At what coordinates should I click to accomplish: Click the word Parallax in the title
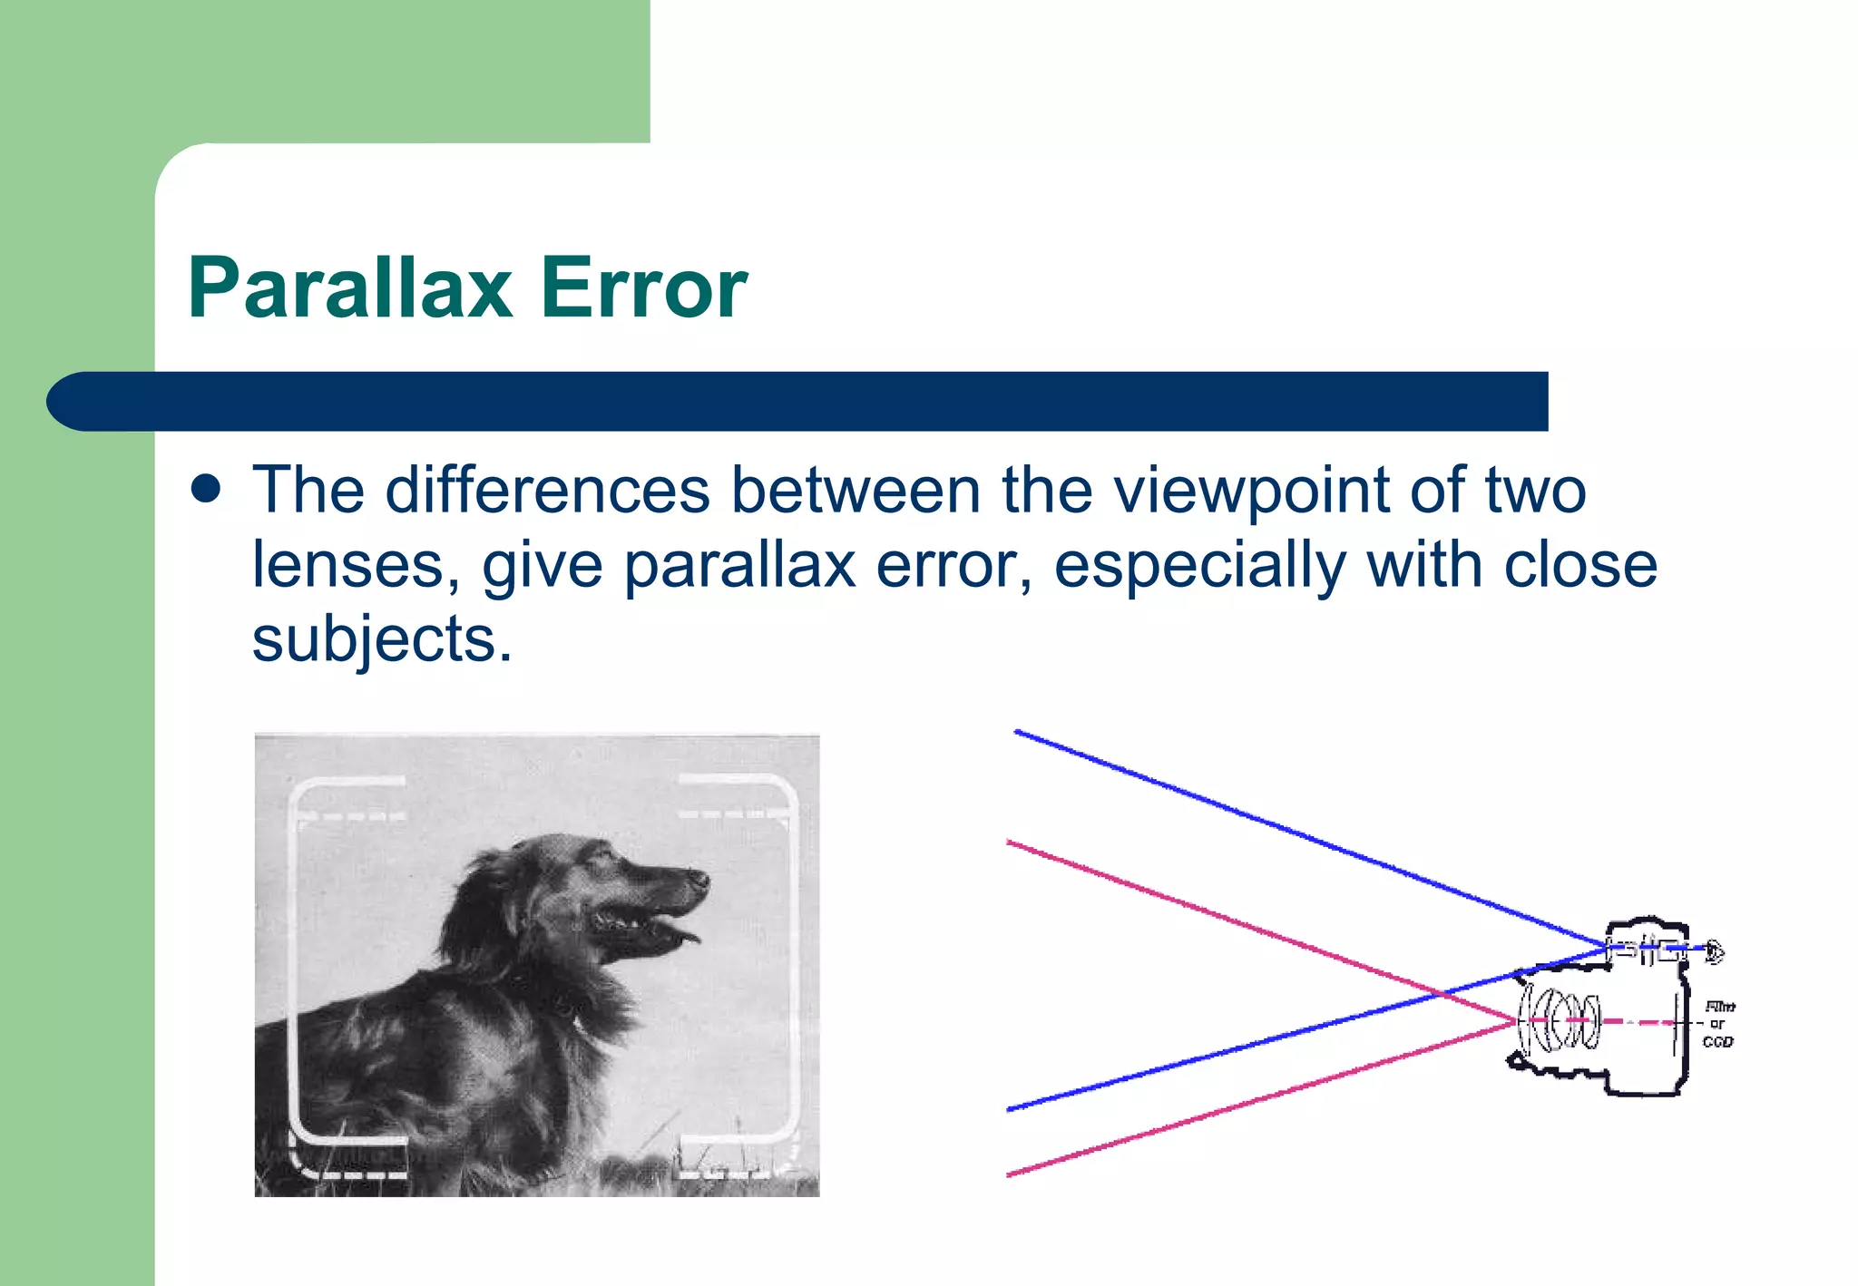pyautogui.click(x=350, y=288)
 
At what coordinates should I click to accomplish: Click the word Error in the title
pyautogui.click(x=643, y=288)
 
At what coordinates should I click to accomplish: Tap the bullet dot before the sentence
pyautogui.click(x=207, y=489)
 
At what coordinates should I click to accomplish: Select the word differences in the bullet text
pyautogui.click(x=547, y=491)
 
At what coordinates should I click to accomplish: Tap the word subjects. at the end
pyautogui.click(x=382, y=639)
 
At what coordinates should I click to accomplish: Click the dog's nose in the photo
pyautogui.click(x=699, y=877)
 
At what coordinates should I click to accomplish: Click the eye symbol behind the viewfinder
pyautogui.click(x=1714, y=951)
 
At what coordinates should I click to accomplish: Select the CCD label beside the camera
pyautogui.click(x=1717, y=1042)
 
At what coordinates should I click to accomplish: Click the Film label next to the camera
pyautogui.click(x=1719, y=1007)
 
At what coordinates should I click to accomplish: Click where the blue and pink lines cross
pyautogui.click(x=1442, y=995)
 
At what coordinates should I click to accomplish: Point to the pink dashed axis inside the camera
pyautogui.click(x=1633, y=1022)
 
